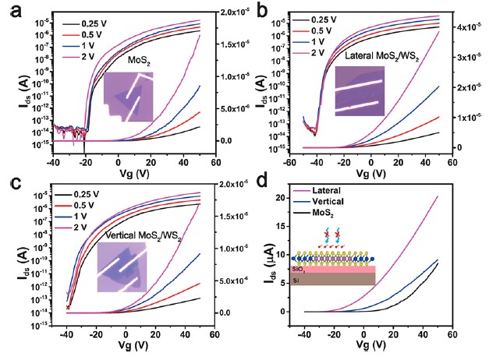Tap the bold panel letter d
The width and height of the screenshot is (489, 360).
pyautogui.click(x=259, y=185)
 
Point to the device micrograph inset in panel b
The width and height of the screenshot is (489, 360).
pyautogui.click(x=359, y=92)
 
